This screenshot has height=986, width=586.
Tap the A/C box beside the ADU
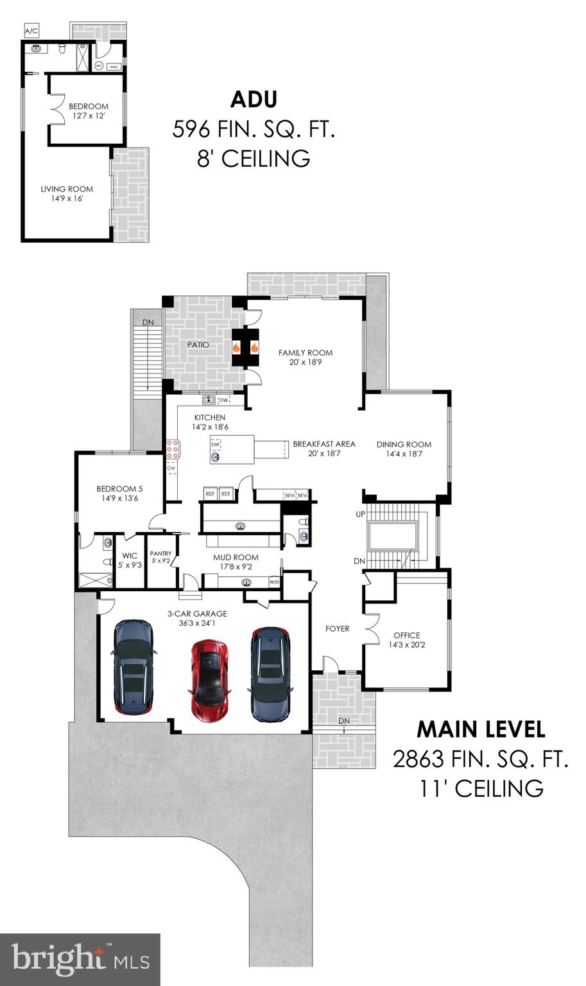31,30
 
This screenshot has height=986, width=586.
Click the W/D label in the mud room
274,582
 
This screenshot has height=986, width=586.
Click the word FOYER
337,628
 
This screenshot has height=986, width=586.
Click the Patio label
198,345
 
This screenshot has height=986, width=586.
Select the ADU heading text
254,99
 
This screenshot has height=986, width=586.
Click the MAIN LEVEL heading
481,729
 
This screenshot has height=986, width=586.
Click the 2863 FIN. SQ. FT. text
481,759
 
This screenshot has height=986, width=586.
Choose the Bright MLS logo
80,960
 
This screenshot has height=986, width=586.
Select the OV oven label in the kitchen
171,469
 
